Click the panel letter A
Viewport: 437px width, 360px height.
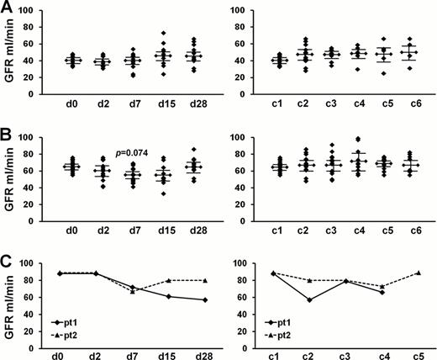point(8,8)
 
